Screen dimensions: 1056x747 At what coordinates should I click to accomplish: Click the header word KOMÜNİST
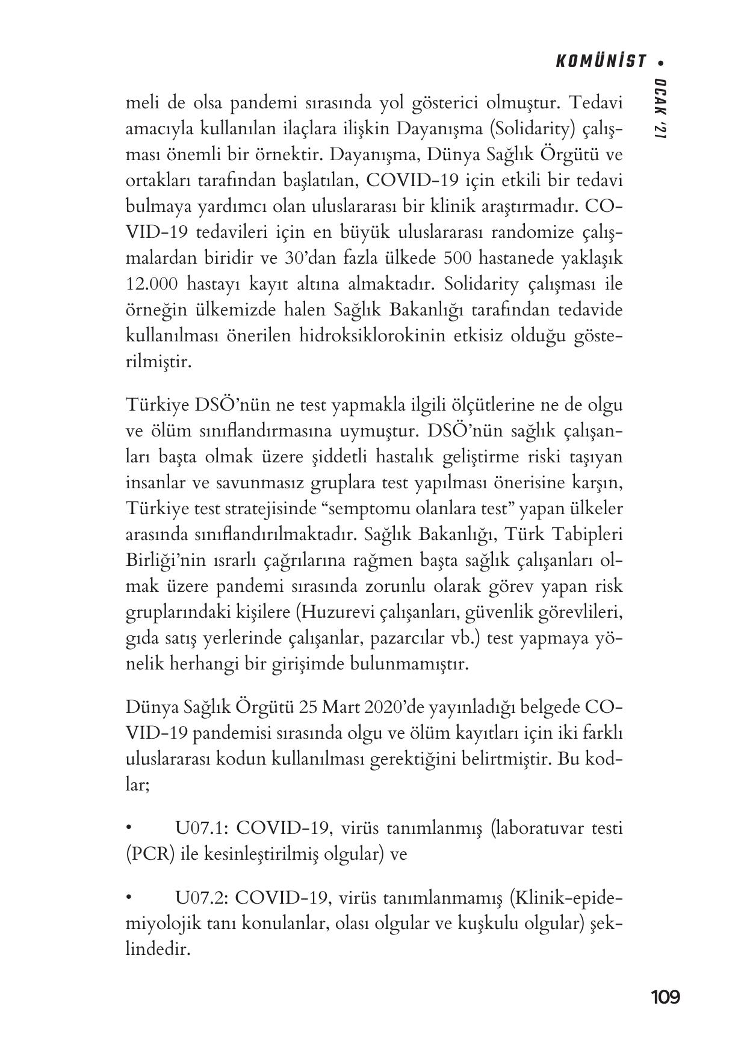tap(600, 61)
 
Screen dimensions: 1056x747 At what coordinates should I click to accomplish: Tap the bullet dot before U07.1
tap(129, 828)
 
